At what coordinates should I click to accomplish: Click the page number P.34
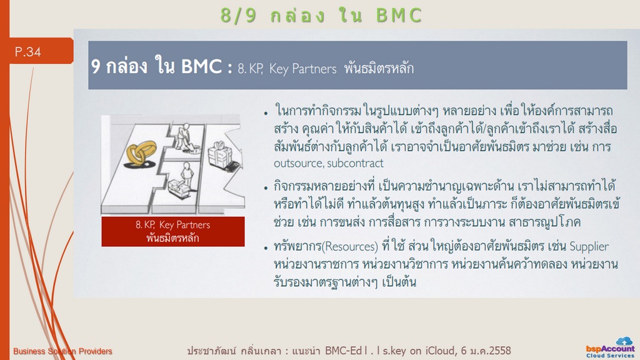tap(27, 52)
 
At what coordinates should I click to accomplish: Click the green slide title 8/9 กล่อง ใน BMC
tap(321, 16)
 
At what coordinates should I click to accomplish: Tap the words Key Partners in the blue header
tap(303, 69)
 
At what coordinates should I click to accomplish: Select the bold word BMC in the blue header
tap(201, 66)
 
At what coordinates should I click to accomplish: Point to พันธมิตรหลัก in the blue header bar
tap(379, 67)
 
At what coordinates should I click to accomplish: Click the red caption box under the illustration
tap(173, 231)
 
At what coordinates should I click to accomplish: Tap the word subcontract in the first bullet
tap(355, 163)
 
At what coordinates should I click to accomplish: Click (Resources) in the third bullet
tap(350, 246)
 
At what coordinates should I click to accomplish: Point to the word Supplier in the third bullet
tap(589, 246)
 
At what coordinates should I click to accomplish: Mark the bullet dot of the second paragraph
tap(266, 188)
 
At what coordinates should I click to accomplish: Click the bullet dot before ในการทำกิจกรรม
tap(266, 113)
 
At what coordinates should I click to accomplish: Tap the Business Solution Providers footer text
tap(62, 351)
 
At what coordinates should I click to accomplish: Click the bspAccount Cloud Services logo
tap(610, 348)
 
